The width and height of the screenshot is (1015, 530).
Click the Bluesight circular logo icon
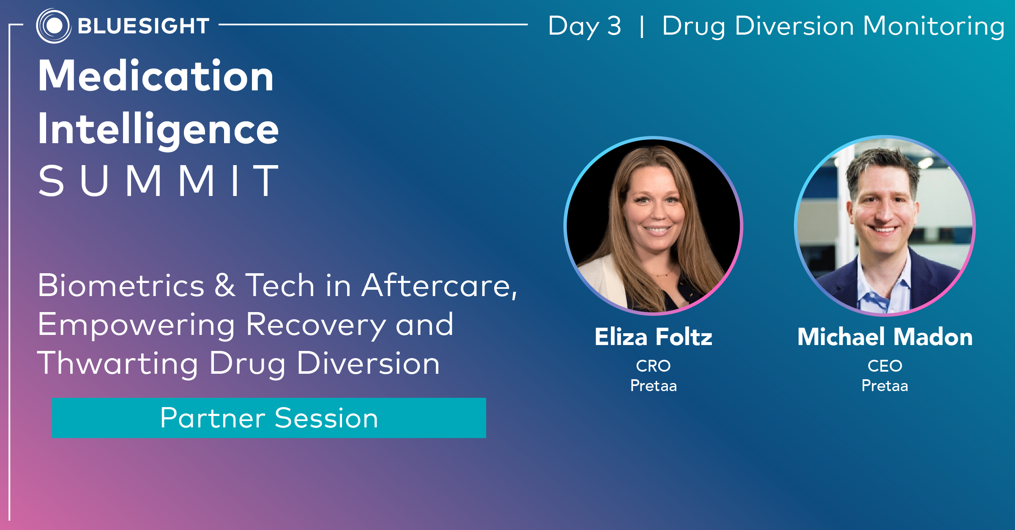(x=54, y=26)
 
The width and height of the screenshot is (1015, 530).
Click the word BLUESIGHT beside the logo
(x=144, y=26)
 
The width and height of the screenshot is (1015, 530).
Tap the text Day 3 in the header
(x=585, y=26)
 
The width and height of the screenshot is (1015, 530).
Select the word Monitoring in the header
(x=933, y=26)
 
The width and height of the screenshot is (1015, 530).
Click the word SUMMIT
(x=158, y=181)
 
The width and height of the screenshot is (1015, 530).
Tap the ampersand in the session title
(x=224, y=285)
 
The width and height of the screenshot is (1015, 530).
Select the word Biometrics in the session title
(x=121, y=285)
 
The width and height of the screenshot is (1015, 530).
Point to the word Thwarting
(x=118, y=364)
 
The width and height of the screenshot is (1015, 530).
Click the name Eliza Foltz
(x=654, y=337)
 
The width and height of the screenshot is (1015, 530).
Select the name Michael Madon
(x=885, y=337)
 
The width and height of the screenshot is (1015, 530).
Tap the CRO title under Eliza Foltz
(x=654, y=366)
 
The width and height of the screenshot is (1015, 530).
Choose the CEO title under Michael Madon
(x=885, y=366)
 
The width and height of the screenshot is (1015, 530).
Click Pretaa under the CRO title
(x=654, y=386)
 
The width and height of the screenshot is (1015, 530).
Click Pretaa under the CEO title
(x=885, y=386)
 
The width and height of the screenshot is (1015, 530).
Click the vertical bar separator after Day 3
(x=642, y=27)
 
